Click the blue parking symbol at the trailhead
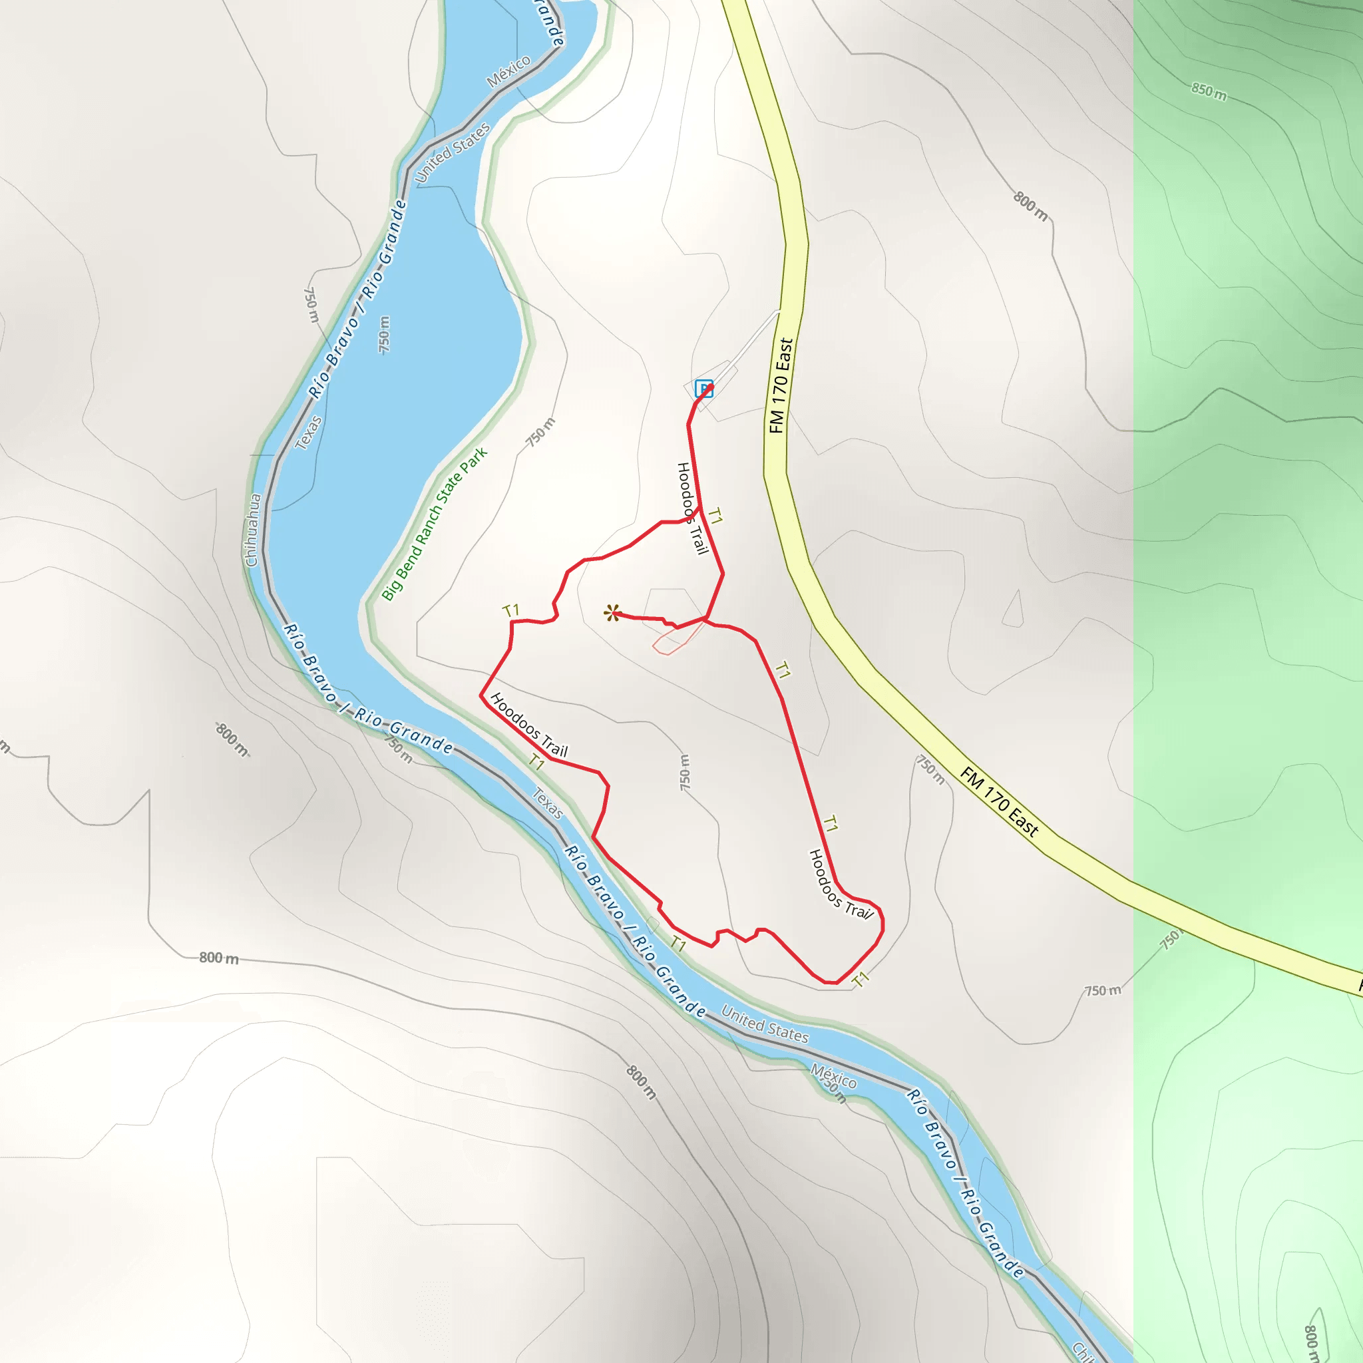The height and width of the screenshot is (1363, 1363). click(x=703, y=388)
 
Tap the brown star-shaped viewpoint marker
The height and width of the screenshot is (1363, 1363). click(x=612, y=613)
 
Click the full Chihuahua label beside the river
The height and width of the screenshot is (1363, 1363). click(x=252, y=530)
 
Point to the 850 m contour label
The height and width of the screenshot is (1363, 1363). click(x=1209, y=92)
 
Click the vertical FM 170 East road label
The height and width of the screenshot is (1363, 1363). click(x=780, y=386)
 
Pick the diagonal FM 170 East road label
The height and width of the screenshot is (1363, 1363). click(x=999, y=802)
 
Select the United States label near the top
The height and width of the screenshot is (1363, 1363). click(x=451, y=152)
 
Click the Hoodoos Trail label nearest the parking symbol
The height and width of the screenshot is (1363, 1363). click(x=692, y=508)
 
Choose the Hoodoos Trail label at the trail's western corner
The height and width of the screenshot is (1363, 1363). click(x=528, y=725)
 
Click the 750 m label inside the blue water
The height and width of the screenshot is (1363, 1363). click(x=384, y=334)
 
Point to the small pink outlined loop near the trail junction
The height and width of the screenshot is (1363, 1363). click(x=678, y=638)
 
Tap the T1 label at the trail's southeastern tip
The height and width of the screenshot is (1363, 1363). click(x=860, y=979)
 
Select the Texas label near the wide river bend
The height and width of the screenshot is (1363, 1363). click(x=307, y=433)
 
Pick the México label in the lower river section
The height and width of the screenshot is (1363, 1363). click(x=833, y=1076)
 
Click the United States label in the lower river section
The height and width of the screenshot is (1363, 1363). click(x=765, y=1024)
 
